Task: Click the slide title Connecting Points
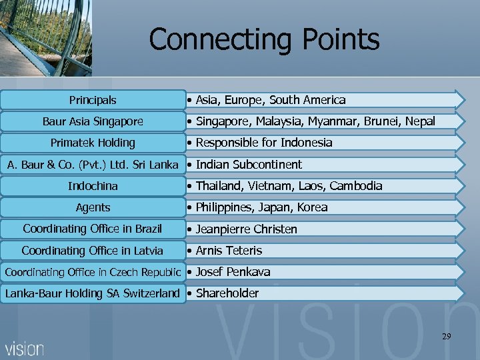click(264, 39)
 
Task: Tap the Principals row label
click(93, 100)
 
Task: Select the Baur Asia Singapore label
click(93, 121)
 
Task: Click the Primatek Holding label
click(93, 143)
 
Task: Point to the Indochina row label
click(93, 185)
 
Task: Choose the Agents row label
click(93, 207)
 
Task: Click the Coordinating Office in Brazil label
click(93, 229)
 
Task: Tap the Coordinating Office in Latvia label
click(93, 251)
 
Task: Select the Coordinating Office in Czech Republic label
click(93, 272)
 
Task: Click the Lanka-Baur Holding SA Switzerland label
click(93, 293)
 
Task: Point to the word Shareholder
click(227, 293)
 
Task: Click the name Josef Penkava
click(233, 272)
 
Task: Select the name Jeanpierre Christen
click(247, 229)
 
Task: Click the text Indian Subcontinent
click(249, 165)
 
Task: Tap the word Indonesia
click(306, 143)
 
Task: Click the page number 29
click(446, 337)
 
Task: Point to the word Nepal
click(419, 121)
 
